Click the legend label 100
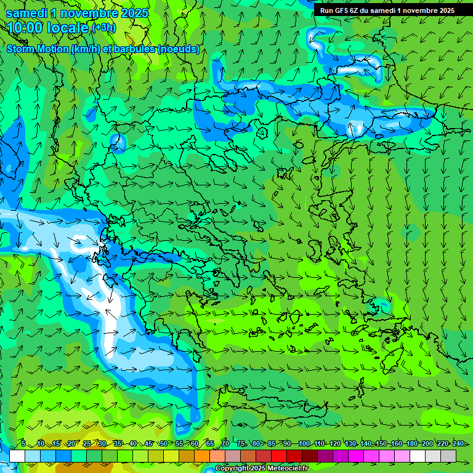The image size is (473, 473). pyautogui.click(x=304, y=443)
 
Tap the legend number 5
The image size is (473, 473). pyautogui.click(x=23, y=443)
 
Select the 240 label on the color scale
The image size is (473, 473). pyautogui.click(x=458, y=443)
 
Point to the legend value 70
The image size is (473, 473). pyautogui.click(x=225, y=443)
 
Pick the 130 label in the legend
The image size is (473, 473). pyautogui.click(x=350, y=443)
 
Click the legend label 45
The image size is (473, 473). pyautogui.click(x=148, y=443)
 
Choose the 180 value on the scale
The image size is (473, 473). pyautogui.click(x=412, y=443)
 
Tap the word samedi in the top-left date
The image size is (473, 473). pyautogui.click(x=25, y=12)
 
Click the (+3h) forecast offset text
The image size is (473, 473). pyautogui.click(x=103, y=28)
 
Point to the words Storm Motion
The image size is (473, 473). pyautogui.click(x=37, y=49)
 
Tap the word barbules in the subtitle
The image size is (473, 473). pyautogui.click(x=134, y=49)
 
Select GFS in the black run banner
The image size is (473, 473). pyautogui.click(x=341, y=10)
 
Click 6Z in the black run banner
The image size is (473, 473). pyautogui.click(x=355, y=10)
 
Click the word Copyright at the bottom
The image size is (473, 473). pyautogui.click(x=233, y=469)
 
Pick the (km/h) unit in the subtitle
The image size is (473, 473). pyautogui.click(x=84, y=49)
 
